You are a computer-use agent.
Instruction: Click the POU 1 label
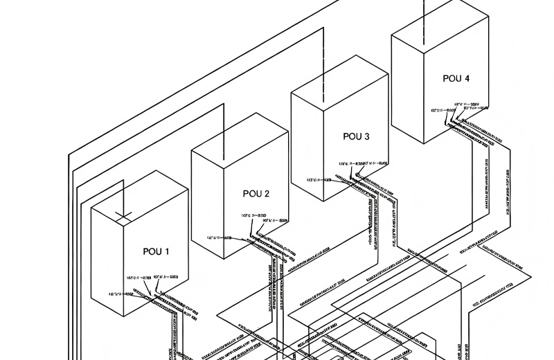156,251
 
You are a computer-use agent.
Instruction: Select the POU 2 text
256,193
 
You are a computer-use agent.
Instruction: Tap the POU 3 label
357,136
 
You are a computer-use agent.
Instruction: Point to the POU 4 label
456,78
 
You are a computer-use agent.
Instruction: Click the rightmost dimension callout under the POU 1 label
161,277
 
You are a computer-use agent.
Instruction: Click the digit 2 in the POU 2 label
267,193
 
